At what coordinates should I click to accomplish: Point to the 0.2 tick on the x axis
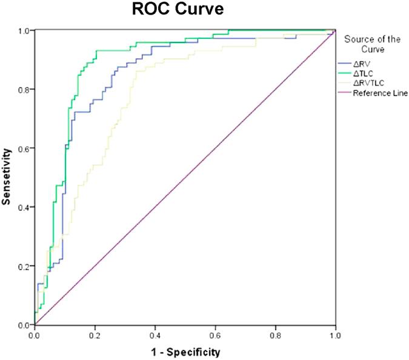tap(95, 335)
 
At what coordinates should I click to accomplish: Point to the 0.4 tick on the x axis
tap(155, 335)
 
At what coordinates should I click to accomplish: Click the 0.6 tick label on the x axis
tap(215, 335)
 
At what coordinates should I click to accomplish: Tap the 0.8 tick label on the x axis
tap(275, 335)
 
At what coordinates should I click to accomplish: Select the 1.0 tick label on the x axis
tap(335, 335)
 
